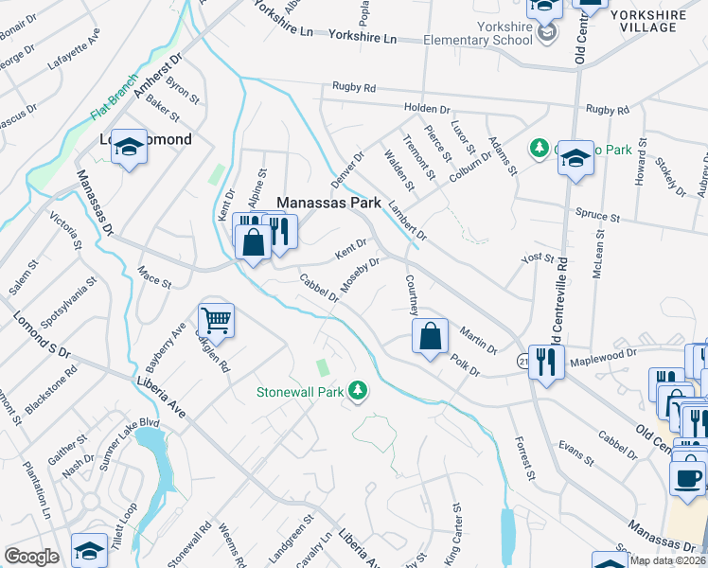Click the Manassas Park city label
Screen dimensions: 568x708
(x=327, y=203)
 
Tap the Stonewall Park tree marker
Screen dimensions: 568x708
(x=358, y=390)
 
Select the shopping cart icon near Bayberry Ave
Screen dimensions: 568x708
(x=216, y=321)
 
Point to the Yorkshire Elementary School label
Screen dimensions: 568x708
(x=478, y=34)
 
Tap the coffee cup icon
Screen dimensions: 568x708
(x=688, y=476)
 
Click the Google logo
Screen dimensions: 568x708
(x=31, y=557)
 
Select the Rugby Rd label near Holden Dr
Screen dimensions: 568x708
(x=354, y=87)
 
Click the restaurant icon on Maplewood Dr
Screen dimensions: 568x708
(x=546, y=361)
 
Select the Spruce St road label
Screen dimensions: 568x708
(x=601, y=218)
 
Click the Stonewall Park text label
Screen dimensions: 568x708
(x=299, y=391)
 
